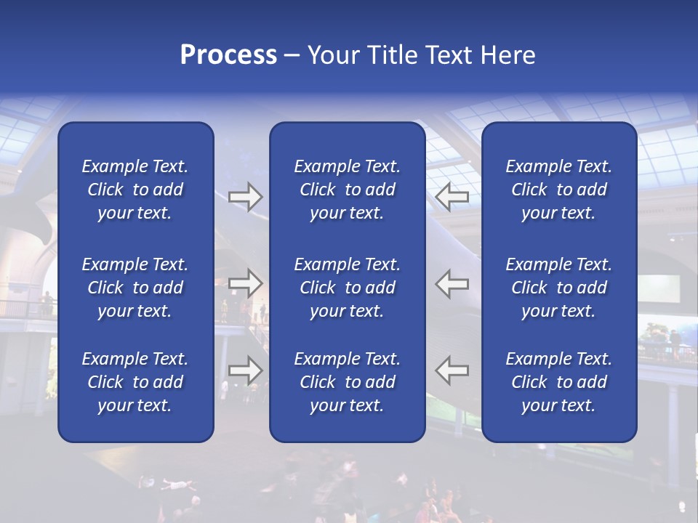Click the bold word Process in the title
pyautogui.click(x=228, y=55)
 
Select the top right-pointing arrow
pyautogui.click(x=246, y=196)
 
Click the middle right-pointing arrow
pyautogui.click(x=246, y=283)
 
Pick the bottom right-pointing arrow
pyautogui.click(x=246, y=370)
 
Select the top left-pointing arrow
pyautogui.click(x=452, y=196)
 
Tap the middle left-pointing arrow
pyautogui.click(x=452, y=283)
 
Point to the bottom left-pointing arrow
pyautogui.click(x=452, y=370)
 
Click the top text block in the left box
pyautogui.click(x=135, y=190)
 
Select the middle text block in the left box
pyautogui.click(x=135, y=288)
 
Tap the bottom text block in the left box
pyautogui.click(x=135, y=382)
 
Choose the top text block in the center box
pyautogui.click(x=347, y=190)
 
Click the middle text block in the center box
pyautogui.click(x=347, y=288)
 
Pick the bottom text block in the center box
pyautogui.click(x=347, y=382)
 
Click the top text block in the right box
pyautogui.click(x=558, y=190)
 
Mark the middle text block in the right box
pyautogui.click(x=558, y=288)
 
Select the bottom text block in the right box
pyautogui.click(x=558, y=382)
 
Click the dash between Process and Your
pyautogui.click(x=292, y=56)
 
